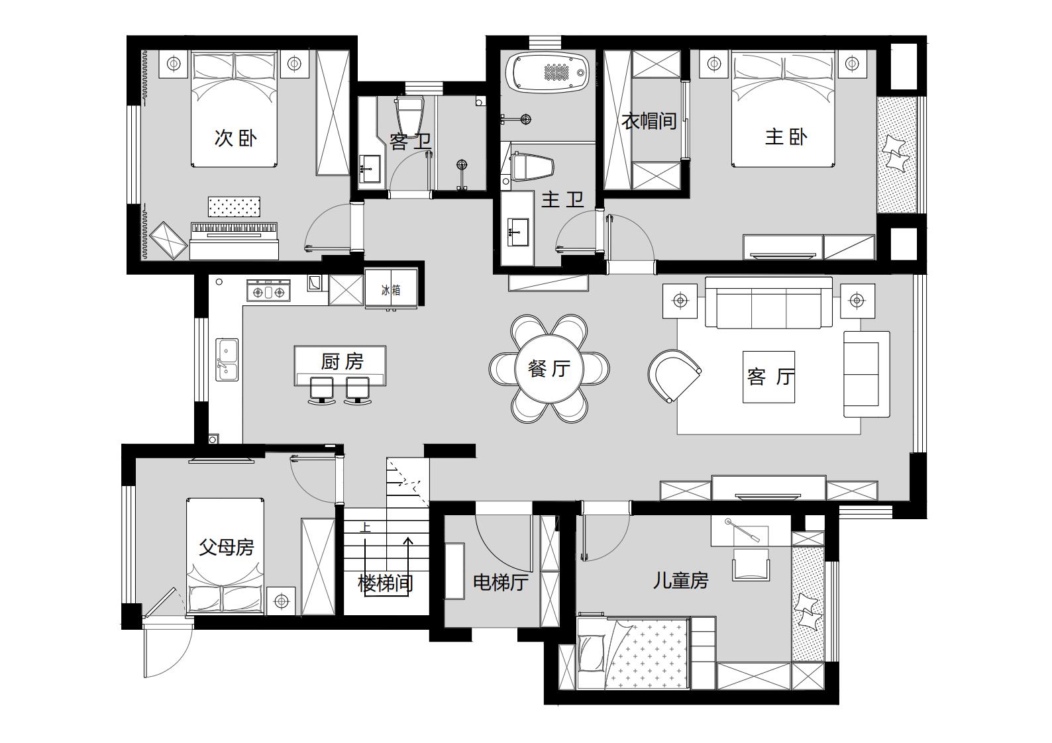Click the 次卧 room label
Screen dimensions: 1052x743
pos(236,138)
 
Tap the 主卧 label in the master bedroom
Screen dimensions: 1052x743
pos(786,137)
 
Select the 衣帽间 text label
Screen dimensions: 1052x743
pos(649,121)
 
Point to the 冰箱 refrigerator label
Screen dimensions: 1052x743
pos(391,290)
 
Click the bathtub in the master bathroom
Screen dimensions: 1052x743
pos(547,72)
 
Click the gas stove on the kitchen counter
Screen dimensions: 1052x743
pos(269,291)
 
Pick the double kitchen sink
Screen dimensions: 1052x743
pos(227,360)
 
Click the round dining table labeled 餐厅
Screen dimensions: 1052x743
pos(549,368)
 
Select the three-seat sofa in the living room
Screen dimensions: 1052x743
pos(768,303)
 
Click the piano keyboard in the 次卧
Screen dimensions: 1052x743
pos(234,228)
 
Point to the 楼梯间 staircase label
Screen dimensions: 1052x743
pos(386,583)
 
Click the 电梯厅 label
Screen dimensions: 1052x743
pos(501,583)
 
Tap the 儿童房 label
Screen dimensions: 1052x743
pos(680,581)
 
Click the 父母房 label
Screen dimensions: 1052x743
pos(227,547)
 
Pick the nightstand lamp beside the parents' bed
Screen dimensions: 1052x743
pos(281,601)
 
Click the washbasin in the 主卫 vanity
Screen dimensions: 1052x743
pos(518,232)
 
